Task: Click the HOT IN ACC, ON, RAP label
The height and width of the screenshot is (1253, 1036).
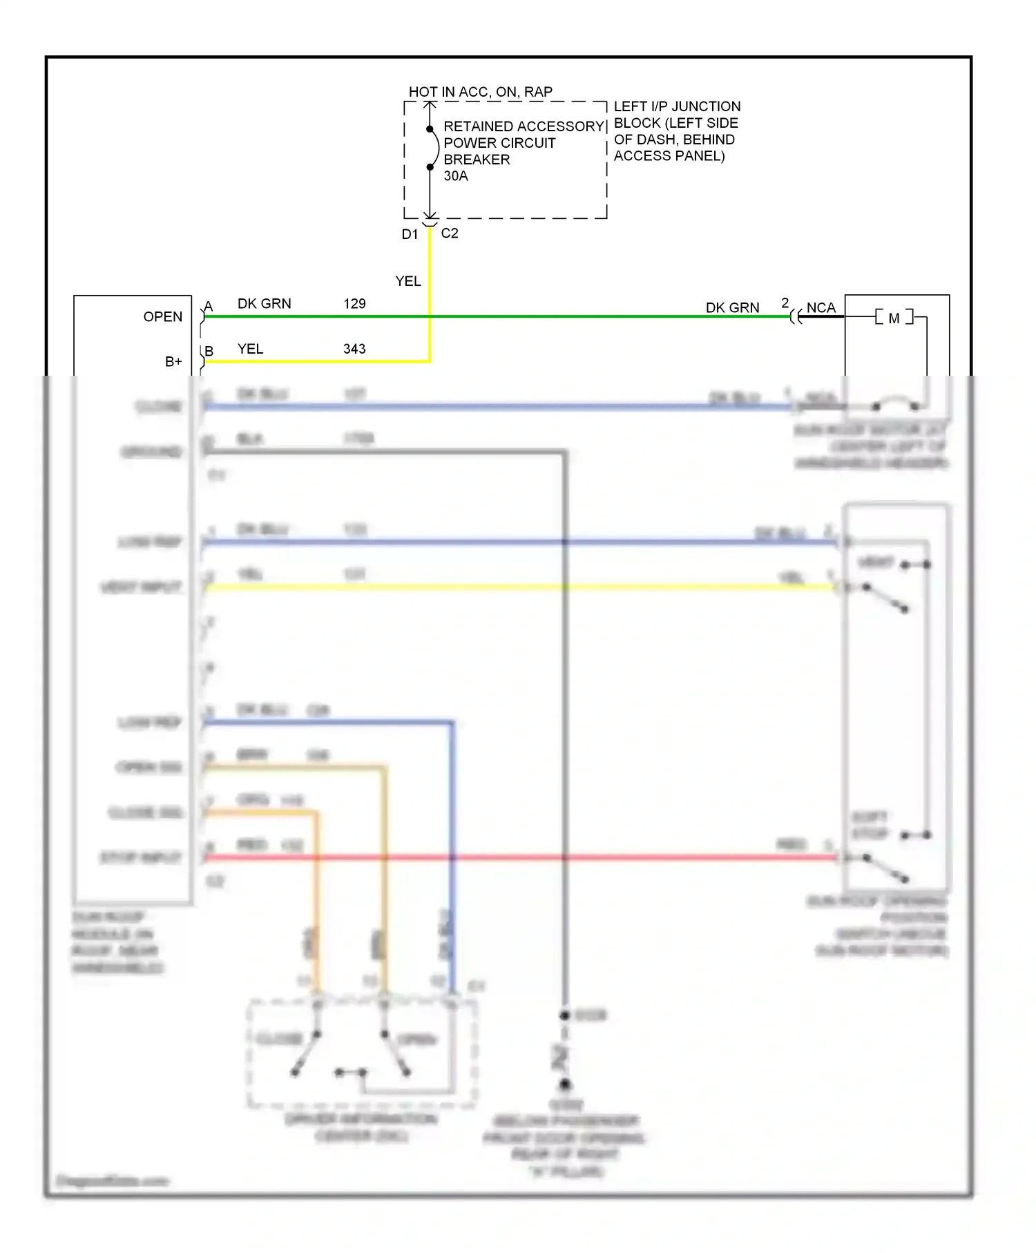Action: tap(480, 92)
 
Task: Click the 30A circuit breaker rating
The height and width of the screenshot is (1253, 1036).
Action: tap(456, 176)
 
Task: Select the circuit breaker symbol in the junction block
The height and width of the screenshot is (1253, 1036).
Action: tap(433, 148)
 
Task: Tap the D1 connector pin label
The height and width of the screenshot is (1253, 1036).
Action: tap(410, 234)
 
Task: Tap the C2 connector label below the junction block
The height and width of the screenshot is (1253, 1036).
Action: tap(450, 233)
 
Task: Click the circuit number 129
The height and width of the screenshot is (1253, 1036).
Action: tap(354, 304)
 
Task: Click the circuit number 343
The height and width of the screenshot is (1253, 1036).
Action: tap(354, 349)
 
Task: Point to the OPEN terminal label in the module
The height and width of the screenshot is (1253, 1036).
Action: tap(163, 317)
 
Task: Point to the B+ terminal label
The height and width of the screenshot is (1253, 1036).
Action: tap(173, 362)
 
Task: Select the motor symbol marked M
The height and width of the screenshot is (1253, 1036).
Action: tap(894, 318)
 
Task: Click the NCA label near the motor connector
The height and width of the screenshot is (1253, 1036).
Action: tap(821, 307)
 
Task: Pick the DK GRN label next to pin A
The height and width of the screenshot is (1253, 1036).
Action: tap(264, 304)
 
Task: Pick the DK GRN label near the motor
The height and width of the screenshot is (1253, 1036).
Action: tap(732, 307)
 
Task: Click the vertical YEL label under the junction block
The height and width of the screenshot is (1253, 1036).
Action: tap(407, 281)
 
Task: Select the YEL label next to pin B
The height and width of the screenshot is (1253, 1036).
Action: tap(250, 349)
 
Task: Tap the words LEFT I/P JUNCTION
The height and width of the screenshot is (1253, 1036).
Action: tap(677, 106)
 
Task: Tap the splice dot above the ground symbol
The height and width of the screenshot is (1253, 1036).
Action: tap(565, 1015)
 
